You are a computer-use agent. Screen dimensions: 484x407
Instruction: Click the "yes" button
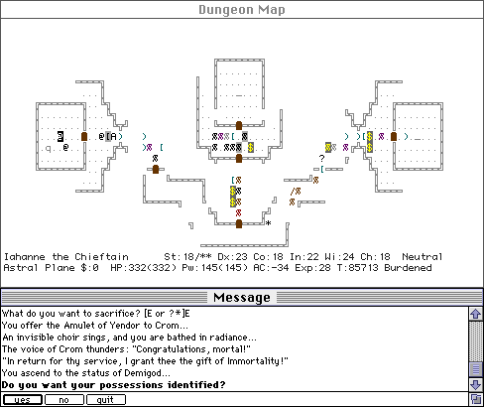[x=23, y=400]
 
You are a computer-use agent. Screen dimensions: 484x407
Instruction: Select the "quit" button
[x=106, y=400]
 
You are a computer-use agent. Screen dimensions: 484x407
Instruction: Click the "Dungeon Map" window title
[x=242, y=10]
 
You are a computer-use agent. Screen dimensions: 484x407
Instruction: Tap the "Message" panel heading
[x=242, y=297]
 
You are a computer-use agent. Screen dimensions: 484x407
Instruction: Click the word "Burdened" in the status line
[x=408, y=268]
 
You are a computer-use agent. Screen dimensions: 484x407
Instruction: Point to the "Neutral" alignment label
[x=423, y=257]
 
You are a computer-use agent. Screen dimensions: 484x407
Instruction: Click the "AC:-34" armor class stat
[x=271, y=268]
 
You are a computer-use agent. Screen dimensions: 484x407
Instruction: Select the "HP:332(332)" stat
[x=143, y=268]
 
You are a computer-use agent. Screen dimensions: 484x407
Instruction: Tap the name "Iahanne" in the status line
[x=25, y=257]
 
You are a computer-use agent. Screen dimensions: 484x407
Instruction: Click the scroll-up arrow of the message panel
[x=476, y=314]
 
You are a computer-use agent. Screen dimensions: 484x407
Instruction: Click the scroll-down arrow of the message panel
[x=476, y=385]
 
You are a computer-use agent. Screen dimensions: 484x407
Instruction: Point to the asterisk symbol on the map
[x=269, y=223]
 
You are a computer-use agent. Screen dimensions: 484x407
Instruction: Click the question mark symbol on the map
[x=321, y=158]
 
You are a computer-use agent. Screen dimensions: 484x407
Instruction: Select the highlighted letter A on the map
[x=113, y=136]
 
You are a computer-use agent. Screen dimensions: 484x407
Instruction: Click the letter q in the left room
[x=49, y=149]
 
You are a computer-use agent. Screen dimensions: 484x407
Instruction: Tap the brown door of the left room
[x=84, y=136]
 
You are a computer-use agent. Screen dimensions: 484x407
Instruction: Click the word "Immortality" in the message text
[x=253, y=360]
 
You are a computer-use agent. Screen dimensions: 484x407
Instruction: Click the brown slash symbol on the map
[x=292, y=191]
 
